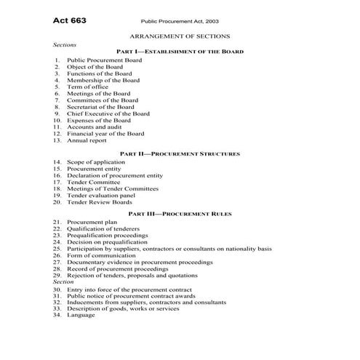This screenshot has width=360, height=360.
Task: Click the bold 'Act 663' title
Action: click(70, 20)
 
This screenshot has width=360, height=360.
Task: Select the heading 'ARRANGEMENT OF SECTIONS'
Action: click(179, 36)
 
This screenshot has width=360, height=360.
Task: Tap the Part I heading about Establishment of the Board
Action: click(180, 52)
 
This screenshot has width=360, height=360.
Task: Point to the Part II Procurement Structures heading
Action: click(180, 154)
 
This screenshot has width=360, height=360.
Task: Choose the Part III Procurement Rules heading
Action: click(180, 215)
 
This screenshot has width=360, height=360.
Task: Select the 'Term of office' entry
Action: click(88, 87)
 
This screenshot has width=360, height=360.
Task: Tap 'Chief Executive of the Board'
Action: click(108, 114)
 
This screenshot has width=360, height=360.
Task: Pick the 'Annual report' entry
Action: click(87, 141)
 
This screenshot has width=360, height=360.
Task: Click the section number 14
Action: click(57, 162)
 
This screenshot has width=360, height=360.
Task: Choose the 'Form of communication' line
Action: click(98, 255)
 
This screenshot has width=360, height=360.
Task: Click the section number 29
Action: click(57, 276)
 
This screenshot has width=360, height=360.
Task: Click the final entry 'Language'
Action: click(81, 316)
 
